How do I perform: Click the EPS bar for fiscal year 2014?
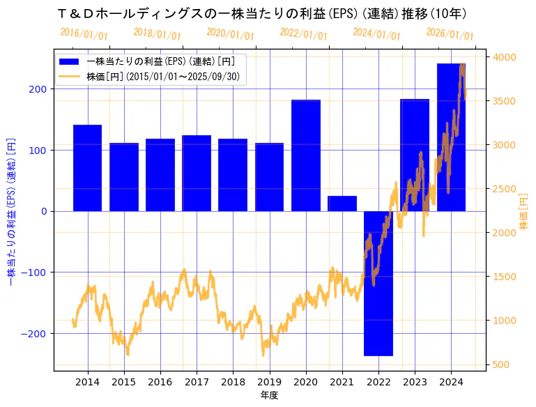[87, 168]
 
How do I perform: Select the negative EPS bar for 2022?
[378, 283]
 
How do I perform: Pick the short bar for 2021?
[342, 203]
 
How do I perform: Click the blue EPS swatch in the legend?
[70, 61]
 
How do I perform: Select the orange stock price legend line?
[70, 77]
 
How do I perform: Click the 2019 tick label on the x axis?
[269, 382]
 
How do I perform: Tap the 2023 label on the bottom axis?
[415, 382]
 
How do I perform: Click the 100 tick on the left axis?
[38, 150]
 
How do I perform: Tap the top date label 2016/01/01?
[84, 33]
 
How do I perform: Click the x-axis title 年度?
[269, 395]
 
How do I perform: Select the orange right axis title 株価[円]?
[524, 213]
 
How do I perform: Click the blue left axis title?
[10, 210]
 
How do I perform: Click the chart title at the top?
[262, 13]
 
